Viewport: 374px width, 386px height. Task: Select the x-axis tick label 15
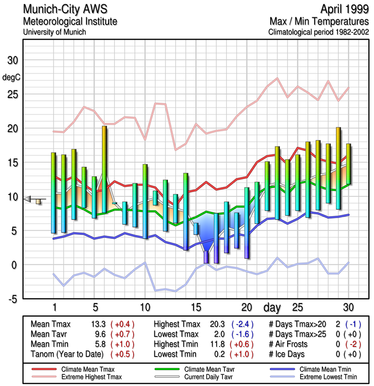[196, 307]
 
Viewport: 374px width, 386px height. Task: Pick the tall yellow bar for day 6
[104, 169]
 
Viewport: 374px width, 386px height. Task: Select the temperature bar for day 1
[54, 193]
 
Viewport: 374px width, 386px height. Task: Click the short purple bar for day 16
[206, 257]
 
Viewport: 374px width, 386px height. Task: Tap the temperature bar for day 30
[348, 164]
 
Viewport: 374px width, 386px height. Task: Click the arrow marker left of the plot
[29, 199]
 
